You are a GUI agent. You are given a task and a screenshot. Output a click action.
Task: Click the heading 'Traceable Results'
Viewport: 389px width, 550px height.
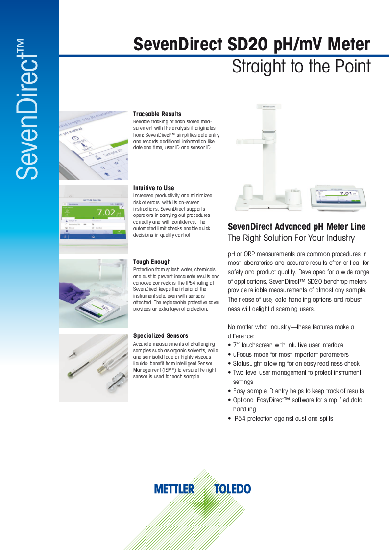(157, 114)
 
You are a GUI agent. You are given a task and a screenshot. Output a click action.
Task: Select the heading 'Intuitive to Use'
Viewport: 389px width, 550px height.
(153, 188)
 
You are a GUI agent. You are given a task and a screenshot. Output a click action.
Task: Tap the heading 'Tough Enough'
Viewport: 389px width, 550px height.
(152, 262)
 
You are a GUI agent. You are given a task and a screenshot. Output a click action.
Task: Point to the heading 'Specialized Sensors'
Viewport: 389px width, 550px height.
(160, 335)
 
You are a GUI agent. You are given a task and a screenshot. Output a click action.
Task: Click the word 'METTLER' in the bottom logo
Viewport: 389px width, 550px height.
(174, 489)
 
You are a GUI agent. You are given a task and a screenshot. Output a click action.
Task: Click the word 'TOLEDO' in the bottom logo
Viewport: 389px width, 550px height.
(232, 489)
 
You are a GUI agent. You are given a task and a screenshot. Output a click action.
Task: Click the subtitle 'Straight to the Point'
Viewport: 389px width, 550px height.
(301, 67)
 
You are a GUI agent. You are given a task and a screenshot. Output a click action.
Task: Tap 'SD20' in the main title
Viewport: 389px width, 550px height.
(247, 45)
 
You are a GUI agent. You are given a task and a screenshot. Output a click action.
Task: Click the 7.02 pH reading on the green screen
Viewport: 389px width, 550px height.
(106, 212)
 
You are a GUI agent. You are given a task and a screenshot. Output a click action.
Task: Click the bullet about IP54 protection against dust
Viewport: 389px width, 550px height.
(283, 418)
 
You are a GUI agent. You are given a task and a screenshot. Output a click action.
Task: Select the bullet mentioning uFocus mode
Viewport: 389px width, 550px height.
(291, 354)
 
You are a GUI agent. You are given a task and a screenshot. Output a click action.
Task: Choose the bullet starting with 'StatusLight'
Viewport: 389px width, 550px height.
(296, 363)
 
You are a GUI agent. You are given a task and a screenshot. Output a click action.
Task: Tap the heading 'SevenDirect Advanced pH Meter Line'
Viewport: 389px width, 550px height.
(296, 226)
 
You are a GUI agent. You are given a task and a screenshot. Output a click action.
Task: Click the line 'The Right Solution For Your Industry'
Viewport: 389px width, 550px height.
(291, 238)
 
